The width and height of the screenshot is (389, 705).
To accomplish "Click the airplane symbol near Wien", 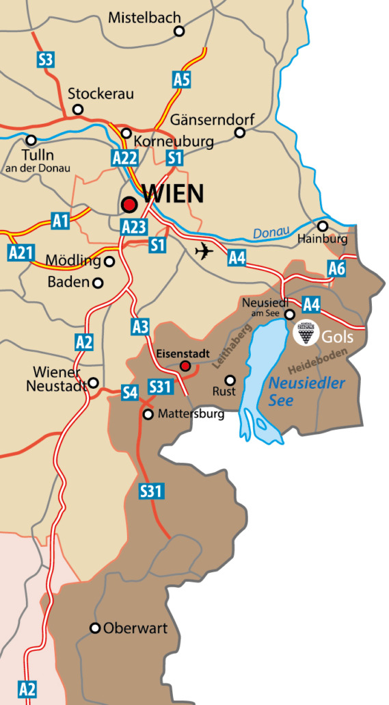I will [204, 251].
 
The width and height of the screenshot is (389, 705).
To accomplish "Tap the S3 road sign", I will [45, 59].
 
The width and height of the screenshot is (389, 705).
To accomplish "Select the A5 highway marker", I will [181, 80].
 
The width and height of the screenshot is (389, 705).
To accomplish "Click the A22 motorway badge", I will [124, 159].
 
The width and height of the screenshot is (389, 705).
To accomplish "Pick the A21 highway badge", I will [21, 253].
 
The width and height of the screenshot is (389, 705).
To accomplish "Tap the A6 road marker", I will [336, 268].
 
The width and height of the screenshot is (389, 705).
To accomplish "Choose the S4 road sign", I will [130, 392].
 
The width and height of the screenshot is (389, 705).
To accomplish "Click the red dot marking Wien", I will [129, 204].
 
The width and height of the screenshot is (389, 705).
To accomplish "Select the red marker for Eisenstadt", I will [185, 366].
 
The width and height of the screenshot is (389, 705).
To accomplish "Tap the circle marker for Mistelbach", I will [179, 31].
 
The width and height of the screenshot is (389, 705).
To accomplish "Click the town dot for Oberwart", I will [96, 628].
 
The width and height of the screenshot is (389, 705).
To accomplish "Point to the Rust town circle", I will [230, 380].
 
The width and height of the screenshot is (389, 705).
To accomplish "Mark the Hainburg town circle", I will [323, 226].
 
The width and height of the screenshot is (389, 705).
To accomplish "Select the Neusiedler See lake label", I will [307, 392].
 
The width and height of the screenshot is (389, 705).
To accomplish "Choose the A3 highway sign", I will [140, 327].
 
